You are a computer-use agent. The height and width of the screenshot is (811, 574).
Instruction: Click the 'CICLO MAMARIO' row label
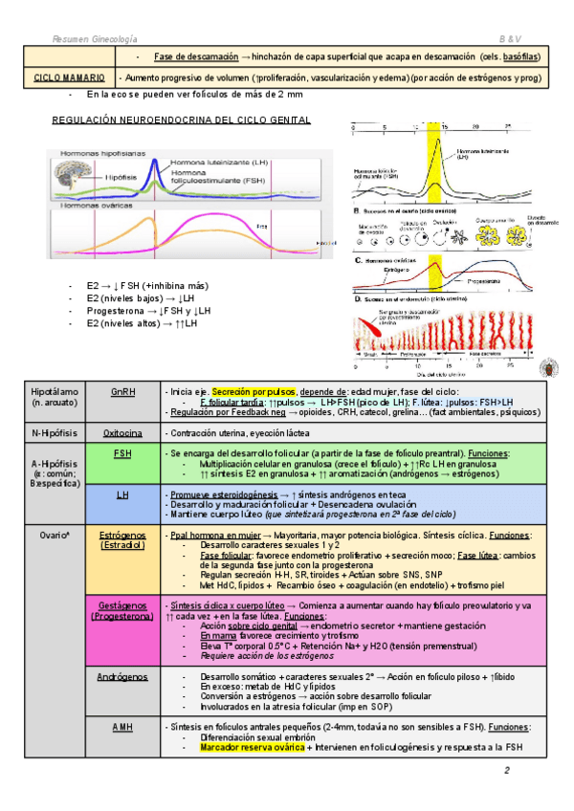coord(63,77)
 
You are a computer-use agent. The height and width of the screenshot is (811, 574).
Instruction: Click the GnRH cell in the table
coord(122,392)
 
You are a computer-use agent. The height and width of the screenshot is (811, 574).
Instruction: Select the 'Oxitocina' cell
coord(122,432)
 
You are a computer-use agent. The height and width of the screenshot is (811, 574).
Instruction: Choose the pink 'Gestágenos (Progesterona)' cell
coord(122,610)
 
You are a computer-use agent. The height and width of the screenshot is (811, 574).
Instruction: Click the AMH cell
coord(122,728)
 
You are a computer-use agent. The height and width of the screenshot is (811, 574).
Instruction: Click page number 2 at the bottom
coord(509,771)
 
